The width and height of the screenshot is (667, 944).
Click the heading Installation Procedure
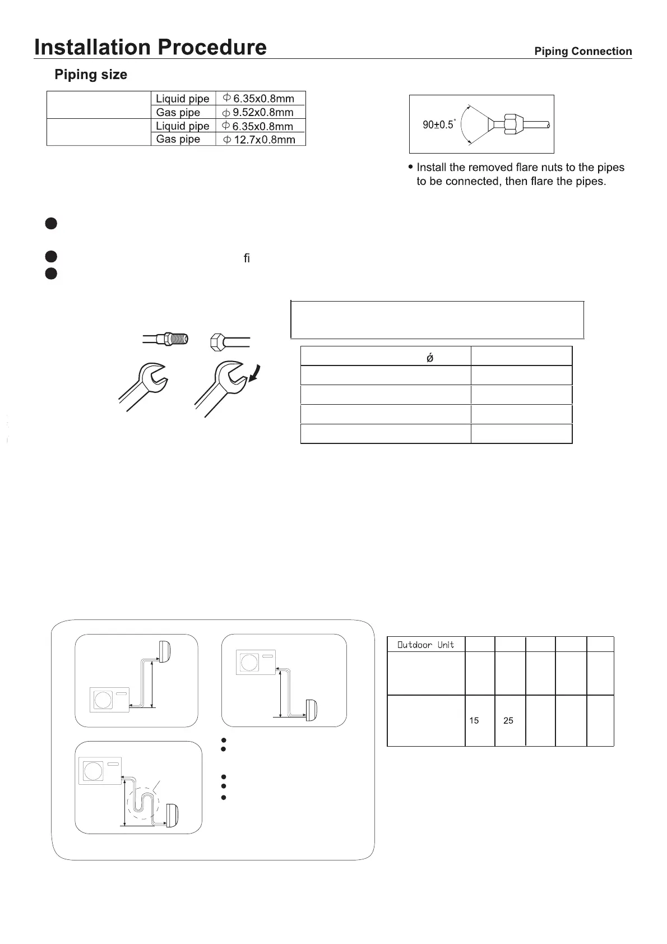[x=150, y=47]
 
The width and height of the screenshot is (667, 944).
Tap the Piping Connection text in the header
[x=583, y=52]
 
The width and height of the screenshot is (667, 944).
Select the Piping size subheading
[x=91, y=75]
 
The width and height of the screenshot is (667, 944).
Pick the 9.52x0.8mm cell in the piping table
[x=261, y=112]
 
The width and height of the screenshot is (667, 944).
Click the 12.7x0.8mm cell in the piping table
[x=261, y=140]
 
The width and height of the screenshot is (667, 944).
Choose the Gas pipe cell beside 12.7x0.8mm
[x=178, y=139]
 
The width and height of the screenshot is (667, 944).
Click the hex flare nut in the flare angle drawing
[x=511, y=124]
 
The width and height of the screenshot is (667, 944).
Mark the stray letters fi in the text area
[x=247, y=258]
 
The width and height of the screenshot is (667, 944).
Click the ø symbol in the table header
[x=430, y=358]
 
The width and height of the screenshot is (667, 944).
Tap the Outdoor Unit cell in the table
[x=426, y=645]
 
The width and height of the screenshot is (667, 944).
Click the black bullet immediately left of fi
[x=51, y=257]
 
